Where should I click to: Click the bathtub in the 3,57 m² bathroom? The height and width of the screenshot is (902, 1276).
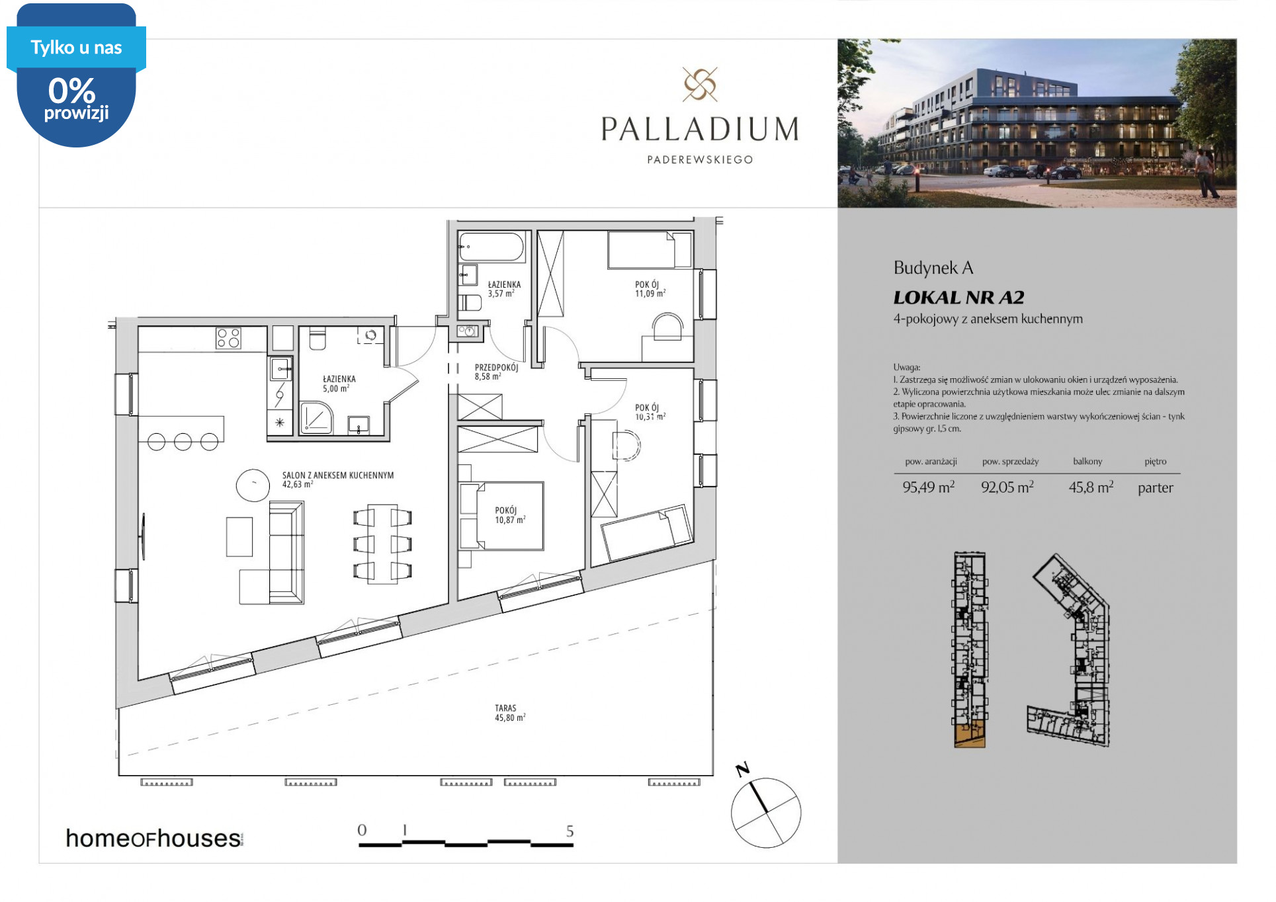click(493, 248)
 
